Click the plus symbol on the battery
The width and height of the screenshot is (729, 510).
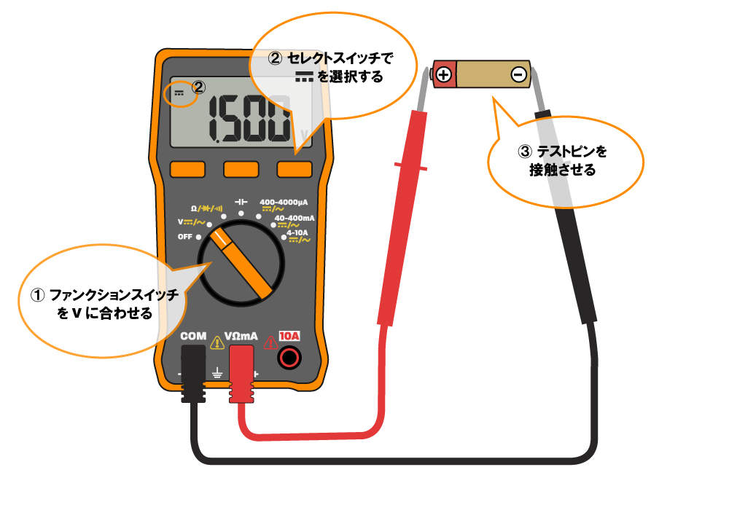[444, 74]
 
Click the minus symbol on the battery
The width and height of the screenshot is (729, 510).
[518, 74]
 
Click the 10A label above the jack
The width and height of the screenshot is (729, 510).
[289, 337]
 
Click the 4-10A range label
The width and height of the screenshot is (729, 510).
[297, 233]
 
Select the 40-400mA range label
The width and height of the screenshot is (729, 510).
[294, 218]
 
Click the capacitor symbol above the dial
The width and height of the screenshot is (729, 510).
[241, 200]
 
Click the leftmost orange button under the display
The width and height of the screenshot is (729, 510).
[187, 169]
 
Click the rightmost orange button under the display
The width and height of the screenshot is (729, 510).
[294, 169]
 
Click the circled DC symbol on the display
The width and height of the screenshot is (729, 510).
[180, 93]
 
